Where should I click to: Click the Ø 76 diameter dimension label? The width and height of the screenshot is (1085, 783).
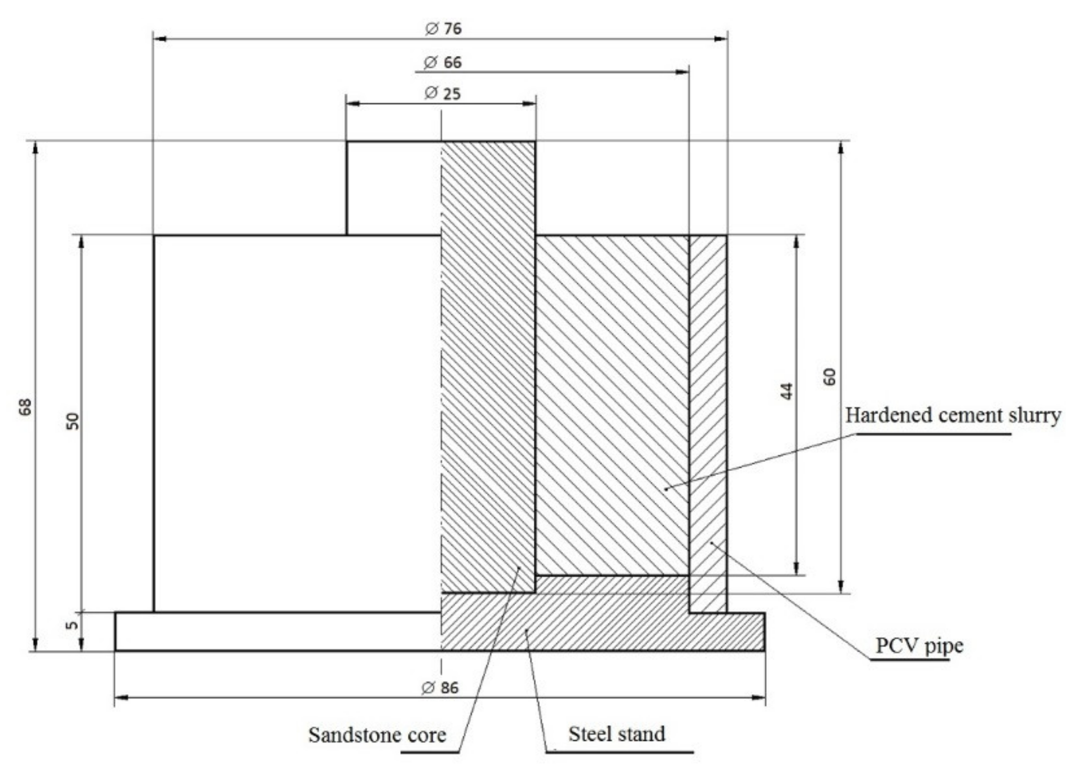(x=443, y=29)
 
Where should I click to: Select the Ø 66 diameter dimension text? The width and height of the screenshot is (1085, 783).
(x=443, y=62)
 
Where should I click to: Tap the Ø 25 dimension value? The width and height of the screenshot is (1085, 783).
(x=442, y=93)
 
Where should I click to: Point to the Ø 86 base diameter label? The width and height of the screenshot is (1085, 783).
(x=440, y=688)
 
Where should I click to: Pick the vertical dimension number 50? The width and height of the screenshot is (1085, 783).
(x=72, y=421)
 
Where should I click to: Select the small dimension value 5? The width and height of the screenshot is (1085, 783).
(x=72, y=625)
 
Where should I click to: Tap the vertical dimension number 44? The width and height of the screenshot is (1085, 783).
(x=787, y=390)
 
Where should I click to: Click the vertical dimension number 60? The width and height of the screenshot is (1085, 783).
(x=830, y=376)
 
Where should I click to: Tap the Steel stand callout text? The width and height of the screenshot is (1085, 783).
(x=617, y=734)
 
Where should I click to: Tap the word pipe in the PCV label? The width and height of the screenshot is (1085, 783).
(x=943, y=646)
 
